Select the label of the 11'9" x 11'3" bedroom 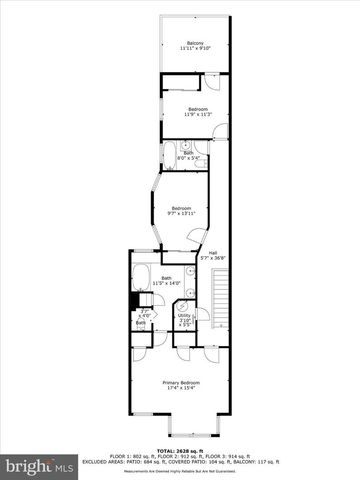point(197,108)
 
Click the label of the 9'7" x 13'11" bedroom point(181,207)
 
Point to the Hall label point(211,252)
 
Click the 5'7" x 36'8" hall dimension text point(211,258)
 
